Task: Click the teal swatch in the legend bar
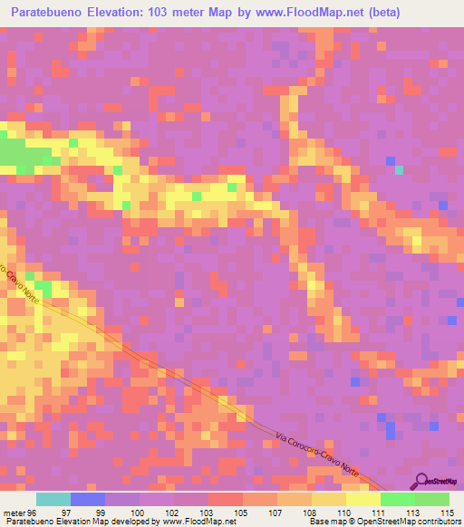tap(53, 500)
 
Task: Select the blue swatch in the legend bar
tap(88, 500)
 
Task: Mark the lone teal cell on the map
tap(399, 169)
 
